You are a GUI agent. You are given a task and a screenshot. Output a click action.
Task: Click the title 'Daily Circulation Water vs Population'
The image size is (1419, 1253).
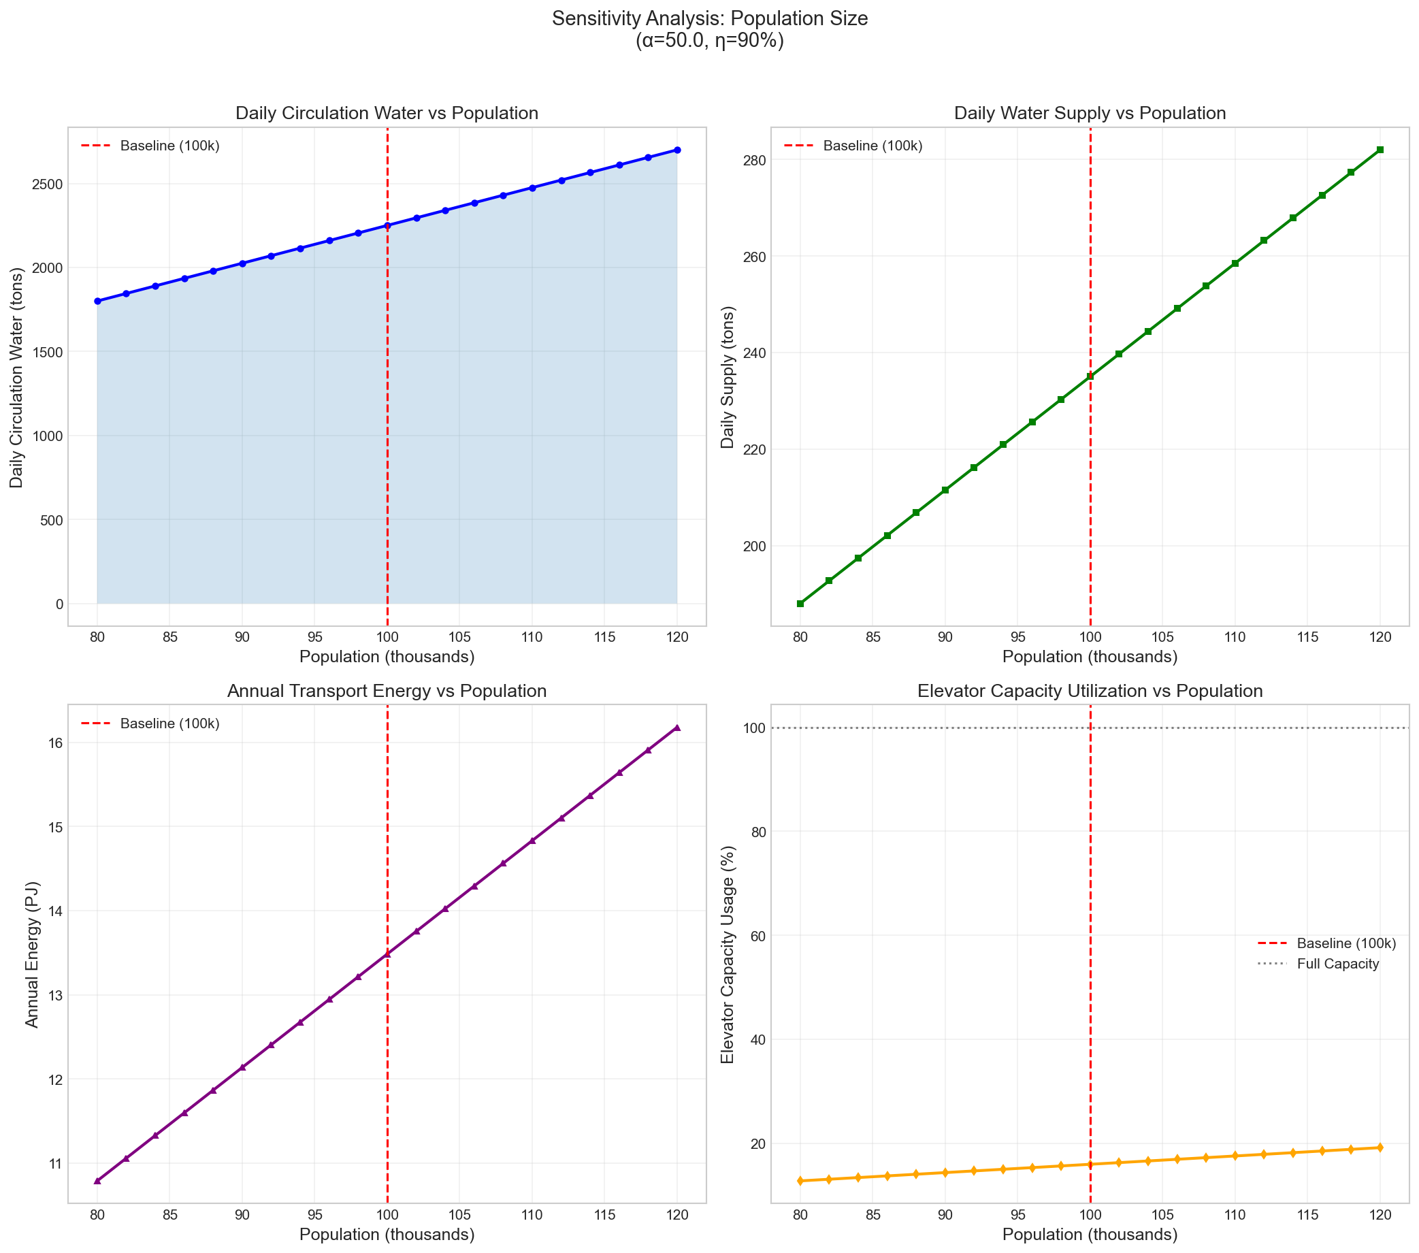click(387, 113)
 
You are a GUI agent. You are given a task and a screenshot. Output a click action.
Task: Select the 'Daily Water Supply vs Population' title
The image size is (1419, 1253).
click(1090, 113)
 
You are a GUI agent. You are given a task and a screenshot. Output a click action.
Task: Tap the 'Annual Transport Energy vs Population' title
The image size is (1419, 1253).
click(387, 691)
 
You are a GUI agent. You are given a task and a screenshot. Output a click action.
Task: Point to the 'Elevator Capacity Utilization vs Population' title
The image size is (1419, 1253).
click(1090, 691)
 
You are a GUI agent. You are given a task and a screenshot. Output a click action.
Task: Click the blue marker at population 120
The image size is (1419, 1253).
click(677, 150)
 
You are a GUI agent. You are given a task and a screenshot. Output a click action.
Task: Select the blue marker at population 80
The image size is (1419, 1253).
click(97, 302)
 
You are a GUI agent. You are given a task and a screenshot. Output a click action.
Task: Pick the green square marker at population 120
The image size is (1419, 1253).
click(1380, 150)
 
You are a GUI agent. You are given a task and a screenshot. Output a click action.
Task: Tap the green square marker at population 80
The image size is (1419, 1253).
click(800, 603)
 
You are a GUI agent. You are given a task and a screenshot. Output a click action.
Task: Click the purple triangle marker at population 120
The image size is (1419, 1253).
click(677, 728)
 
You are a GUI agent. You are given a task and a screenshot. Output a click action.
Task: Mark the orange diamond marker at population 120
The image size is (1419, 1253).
click(1380, 1148)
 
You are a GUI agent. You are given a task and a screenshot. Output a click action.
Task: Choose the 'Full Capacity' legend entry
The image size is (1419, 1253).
click(1338, 964)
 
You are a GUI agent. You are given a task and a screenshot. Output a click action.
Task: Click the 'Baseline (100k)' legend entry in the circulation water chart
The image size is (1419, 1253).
click(169, 146)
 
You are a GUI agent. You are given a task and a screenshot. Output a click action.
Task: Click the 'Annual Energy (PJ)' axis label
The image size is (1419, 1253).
click(32, 954)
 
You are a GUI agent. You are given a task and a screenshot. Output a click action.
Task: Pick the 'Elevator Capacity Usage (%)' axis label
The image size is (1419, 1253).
click(728, 954)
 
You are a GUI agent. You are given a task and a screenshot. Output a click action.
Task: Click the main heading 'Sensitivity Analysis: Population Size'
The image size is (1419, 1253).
click(709, 19)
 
